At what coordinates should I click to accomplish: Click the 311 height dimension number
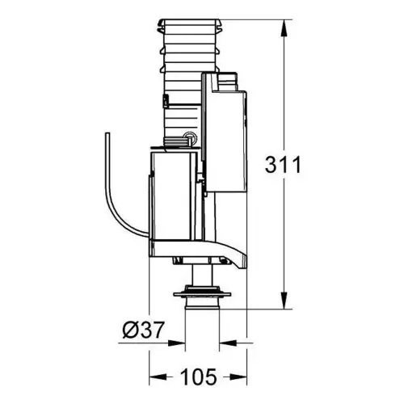(x=283, y=165)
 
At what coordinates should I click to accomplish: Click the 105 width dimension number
(x=199, y=377)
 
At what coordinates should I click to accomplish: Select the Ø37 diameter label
(x=143, y=330)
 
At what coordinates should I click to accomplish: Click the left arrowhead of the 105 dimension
(x=158, y=377)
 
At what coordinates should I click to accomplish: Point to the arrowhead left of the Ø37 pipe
(x=176, y=343)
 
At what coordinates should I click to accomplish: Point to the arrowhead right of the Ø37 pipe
(x=228, y=343)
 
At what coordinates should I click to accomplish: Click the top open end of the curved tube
(x=107, y=133)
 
